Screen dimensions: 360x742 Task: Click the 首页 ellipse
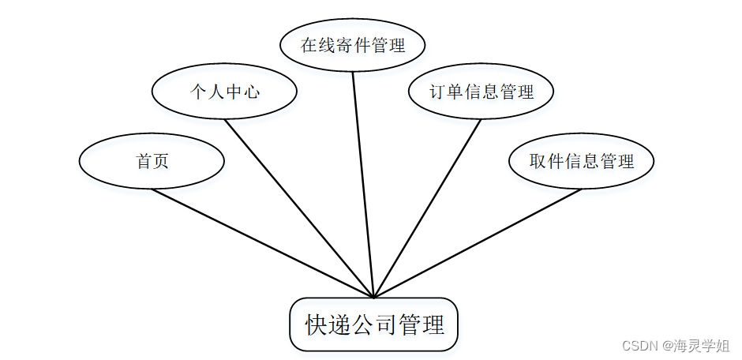click(x=152, y=161)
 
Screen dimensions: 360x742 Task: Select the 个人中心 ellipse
click(x=224, y=92)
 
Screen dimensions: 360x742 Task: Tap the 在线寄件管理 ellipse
click(x=353, y=45)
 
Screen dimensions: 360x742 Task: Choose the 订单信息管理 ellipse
click(x=481, y=92)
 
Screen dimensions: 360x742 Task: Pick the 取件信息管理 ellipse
click(x=582, y=161)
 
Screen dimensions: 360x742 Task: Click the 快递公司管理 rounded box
click(x=374, y=324)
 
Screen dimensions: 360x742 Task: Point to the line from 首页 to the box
click(x=262, y=242)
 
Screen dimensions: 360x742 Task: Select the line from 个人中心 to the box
click(x=298, y=208)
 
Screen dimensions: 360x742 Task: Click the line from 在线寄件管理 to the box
click(x=363, y=185)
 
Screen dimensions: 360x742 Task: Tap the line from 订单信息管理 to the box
click(x=427, y=208)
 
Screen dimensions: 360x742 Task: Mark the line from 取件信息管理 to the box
click(x=478, y=242)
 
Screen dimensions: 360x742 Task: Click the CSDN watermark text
click(x=640, y=346)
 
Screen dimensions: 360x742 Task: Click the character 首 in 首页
click(x=144, y=161)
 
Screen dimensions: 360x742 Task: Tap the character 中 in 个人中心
click(x=234, y=92)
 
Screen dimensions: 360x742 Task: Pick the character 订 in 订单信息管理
click(x=437, y=92)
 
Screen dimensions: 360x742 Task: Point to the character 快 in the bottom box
click(x=315, y=324)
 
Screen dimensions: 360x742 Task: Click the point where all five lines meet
click(x=373, y=297)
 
